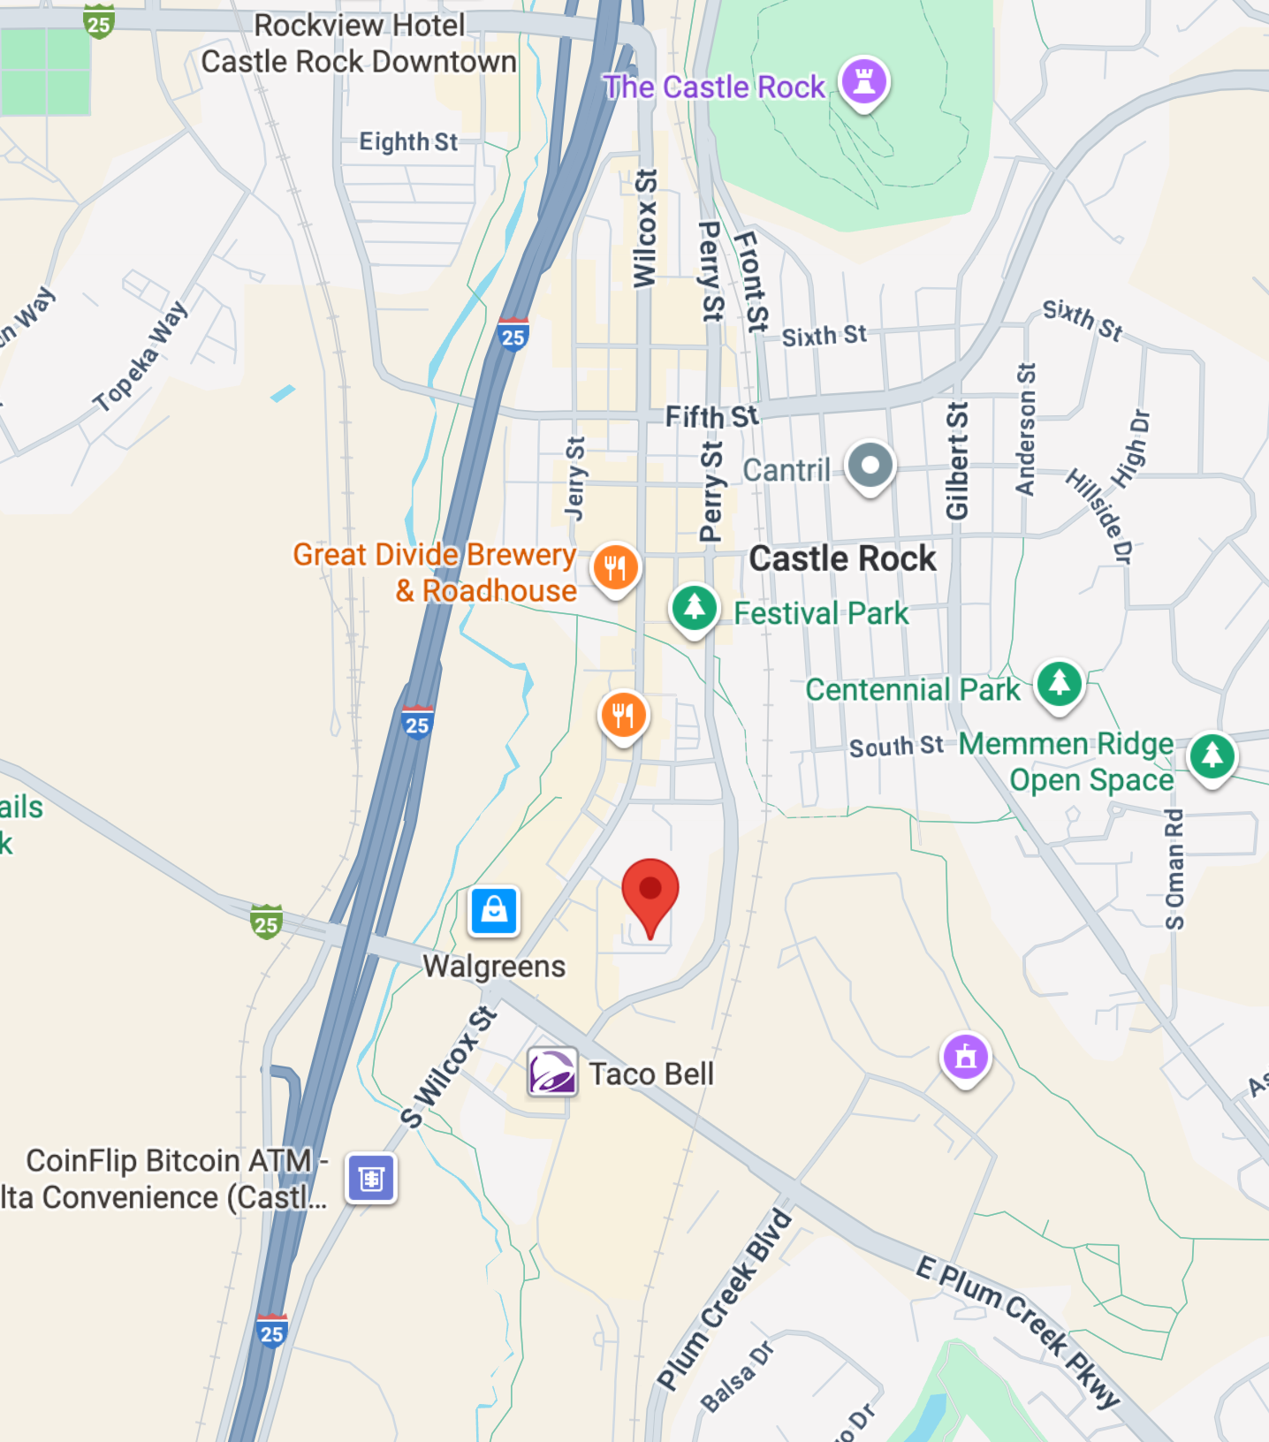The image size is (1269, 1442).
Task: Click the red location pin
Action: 650,892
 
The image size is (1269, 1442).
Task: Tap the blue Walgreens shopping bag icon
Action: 494,910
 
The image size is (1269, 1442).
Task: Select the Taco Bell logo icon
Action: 552,1072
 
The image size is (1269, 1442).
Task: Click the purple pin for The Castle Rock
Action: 863,82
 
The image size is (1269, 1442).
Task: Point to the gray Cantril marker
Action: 870,466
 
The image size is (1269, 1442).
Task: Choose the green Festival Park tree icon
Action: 695,608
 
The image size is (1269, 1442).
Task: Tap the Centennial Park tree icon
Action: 1060,684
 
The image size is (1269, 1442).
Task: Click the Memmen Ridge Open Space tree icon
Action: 1212,756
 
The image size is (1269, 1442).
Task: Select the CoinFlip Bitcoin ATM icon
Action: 371,1178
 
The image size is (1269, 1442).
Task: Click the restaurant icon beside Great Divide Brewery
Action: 616,567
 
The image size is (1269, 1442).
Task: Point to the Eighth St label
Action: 408,141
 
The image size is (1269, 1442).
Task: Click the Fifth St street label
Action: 711,416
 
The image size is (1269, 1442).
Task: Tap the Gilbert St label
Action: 957,460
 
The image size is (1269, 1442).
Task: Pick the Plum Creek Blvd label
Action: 724,1300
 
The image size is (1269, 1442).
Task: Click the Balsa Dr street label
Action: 737,1377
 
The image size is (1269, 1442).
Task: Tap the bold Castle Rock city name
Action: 842,558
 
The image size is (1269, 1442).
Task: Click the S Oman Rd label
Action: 1174,869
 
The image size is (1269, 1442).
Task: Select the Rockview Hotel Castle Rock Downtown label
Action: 359,43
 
